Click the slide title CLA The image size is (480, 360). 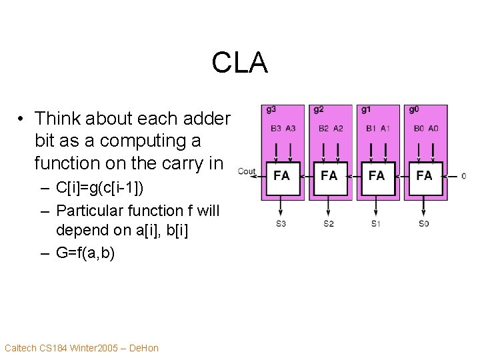239,63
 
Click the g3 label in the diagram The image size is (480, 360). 271,109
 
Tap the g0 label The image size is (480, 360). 414,109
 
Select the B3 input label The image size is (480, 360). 276,128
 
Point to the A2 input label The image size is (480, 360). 338,128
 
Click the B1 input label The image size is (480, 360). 371,128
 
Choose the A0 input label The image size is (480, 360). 433,128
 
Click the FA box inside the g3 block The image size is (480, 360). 282,176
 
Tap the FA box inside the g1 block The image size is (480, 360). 377,176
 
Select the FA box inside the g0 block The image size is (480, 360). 424,176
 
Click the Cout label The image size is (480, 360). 247,172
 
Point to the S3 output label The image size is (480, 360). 281,223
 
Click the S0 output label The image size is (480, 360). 424,223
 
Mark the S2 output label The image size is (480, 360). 329,223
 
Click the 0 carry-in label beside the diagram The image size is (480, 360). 463,176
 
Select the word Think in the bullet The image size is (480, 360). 55,119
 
